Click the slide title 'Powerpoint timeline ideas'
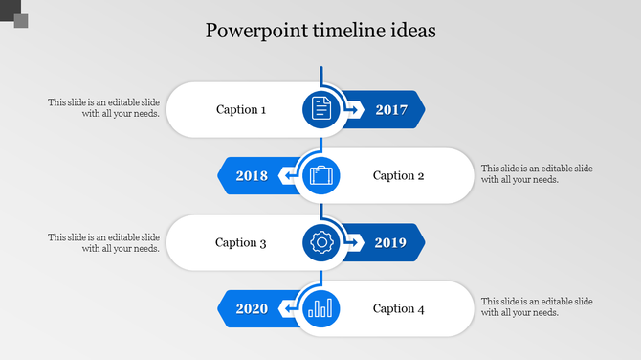pos(320,31)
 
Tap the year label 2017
pos(391,110)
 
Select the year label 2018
pos(252,176)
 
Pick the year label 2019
pos(391,243)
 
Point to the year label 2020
pos(252,309)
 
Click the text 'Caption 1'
pos(241,110)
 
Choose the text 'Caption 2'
pos(398,176)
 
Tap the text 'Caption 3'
pos(241,243)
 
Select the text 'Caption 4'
pos(398,309)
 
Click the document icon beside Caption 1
pos(321,109)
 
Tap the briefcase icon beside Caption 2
pos(320,176)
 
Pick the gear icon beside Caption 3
pos(321,243)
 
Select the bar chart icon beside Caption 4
pos(320,308)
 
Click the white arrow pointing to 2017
pos(354,110)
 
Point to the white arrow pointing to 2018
pos(287,176)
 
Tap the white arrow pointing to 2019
pos(354,243)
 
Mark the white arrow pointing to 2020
pos(287,309)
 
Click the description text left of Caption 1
pos(104,108)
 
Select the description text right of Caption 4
pos(537,307)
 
